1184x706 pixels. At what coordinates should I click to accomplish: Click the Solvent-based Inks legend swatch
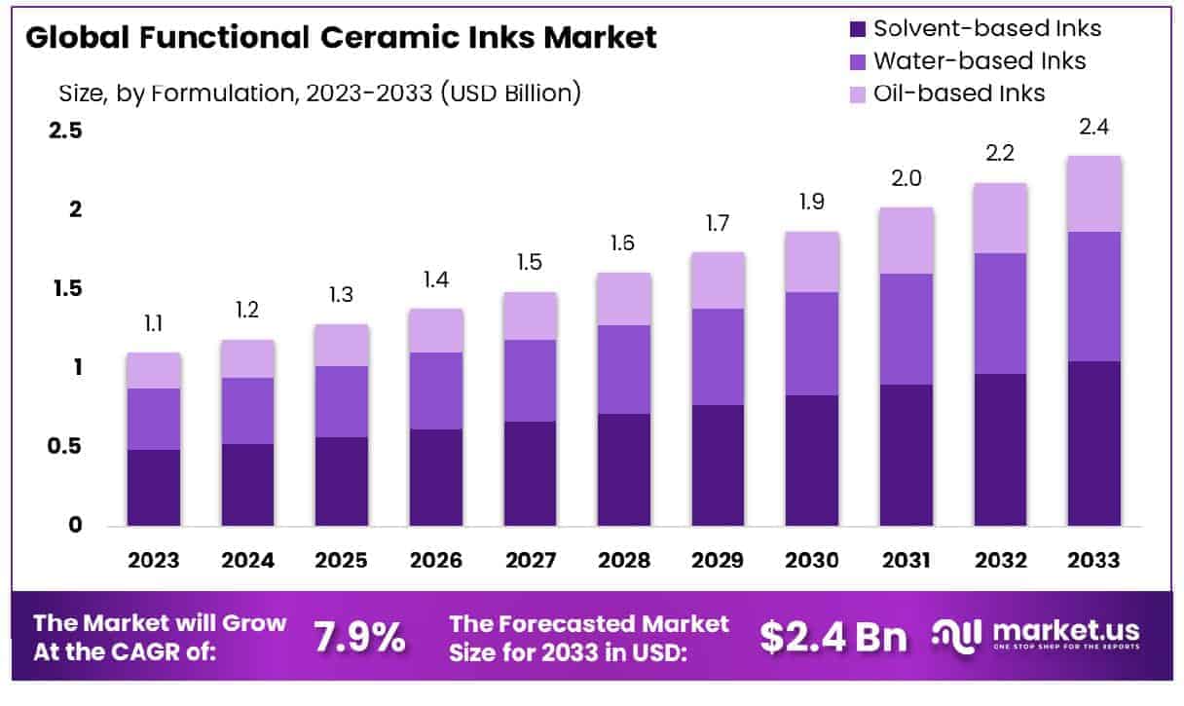tap(858, 28)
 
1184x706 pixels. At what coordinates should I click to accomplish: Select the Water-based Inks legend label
tap(979, 60)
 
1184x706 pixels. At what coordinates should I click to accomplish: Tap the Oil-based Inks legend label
tap(959, 93)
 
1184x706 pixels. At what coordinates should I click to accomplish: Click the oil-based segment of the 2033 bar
tap(1092, 194)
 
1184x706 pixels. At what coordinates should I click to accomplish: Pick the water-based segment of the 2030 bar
tap(812, 343)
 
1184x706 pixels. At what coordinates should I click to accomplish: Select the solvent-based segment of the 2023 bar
tap(154, 487)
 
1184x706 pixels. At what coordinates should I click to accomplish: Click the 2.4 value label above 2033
tap(1093, 127)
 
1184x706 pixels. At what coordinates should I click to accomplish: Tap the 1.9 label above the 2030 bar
tap(812, 203)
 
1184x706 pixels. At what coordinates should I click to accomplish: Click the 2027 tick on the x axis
tap(531, 561)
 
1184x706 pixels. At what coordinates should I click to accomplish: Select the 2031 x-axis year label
tap(906, 561)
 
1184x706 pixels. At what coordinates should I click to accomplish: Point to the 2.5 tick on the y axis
tap(66, 130)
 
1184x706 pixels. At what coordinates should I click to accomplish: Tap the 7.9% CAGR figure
tap(359, 637)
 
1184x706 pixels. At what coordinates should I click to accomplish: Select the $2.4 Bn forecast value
tap(832, 637)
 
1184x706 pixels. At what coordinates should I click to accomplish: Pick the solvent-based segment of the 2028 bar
tap(624, 469)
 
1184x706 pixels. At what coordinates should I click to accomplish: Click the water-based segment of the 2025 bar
tap(342, 401)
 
